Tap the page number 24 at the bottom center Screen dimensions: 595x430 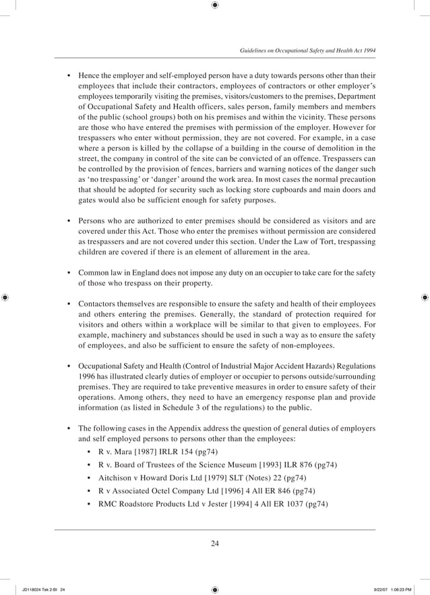tap(214, 544)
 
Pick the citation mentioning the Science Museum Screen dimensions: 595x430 tap(218, 465)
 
